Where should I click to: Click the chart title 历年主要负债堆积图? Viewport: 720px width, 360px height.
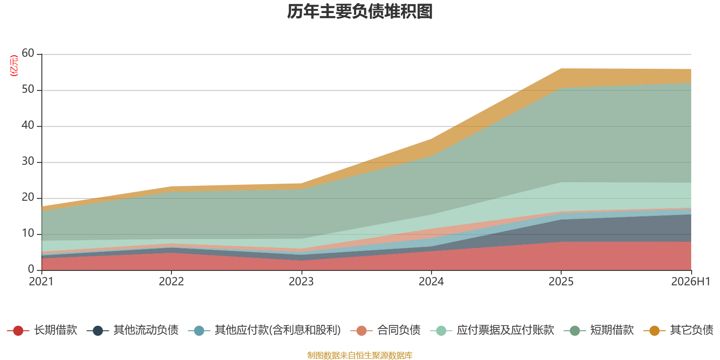point(360,12)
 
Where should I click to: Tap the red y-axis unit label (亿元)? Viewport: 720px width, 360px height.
point(14,66)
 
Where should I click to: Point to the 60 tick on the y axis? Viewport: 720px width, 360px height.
point(28,53)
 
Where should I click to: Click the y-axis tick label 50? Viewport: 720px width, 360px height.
point(28,89)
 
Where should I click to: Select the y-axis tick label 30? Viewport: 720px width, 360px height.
point(28,161)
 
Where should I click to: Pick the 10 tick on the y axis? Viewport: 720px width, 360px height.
point(28,233)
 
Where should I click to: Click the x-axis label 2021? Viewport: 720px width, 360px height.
point(41,282)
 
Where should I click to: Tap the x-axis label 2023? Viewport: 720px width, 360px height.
point(301,282)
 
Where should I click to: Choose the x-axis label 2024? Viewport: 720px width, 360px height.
point(431,282)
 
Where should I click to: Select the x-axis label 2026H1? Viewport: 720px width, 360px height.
point(691,282)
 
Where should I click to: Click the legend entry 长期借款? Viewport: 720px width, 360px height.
point(42,330)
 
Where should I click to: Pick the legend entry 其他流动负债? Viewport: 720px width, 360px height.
point(132,330)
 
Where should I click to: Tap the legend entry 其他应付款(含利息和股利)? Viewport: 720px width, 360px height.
point(265,330)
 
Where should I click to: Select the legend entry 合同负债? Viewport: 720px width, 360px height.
point(385,330)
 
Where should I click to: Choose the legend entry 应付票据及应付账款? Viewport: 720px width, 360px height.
point(492,330)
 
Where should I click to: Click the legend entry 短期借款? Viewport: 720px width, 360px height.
point(599,330)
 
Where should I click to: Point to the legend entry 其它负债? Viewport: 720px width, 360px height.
point(679,330)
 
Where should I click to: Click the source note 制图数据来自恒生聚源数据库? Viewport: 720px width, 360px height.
point(360,355)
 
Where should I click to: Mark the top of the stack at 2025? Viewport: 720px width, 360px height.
point(561,68)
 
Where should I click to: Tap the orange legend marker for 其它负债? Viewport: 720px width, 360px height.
point(654,330)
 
